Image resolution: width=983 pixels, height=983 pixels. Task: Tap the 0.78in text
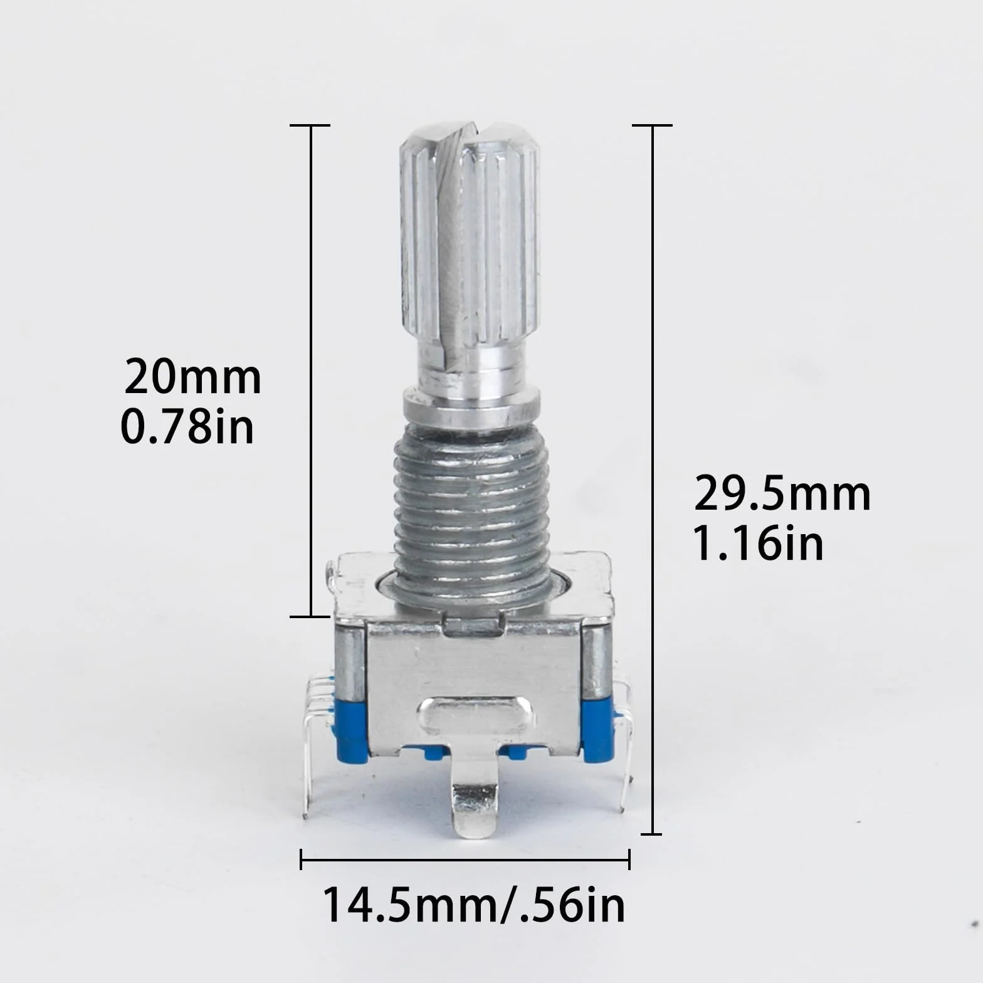187,427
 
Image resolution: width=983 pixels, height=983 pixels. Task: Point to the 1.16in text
757,544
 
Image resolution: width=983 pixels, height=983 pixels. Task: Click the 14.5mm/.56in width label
474,905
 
